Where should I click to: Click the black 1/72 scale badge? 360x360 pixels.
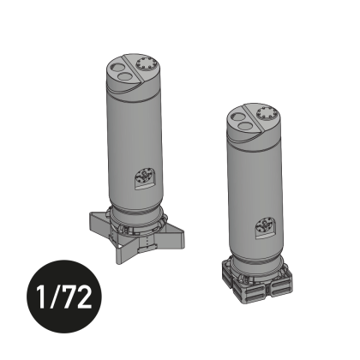point(64,301)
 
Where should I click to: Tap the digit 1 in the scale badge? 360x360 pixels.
point(43,301)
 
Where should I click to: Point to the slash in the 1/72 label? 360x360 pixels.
point(57,301)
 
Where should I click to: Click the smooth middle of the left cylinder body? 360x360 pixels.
point(133,137)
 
